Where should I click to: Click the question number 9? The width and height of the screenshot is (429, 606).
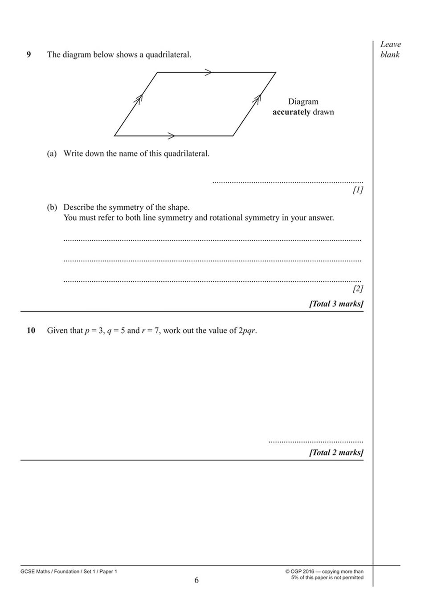[x=29, y=55]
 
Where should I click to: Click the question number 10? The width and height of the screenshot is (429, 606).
[x=31, y=331]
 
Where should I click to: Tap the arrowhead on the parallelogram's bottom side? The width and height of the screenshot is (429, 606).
[x=171, y=135]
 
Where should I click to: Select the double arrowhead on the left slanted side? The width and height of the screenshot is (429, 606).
[x=139, y=99]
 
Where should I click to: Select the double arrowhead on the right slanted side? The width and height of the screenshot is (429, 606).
[x=257, y=99]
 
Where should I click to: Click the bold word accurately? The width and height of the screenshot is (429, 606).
[x=291, y=112]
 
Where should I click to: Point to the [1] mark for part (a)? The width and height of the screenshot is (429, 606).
[x=357, y=190]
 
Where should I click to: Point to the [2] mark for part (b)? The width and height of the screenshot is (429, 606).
[x=357, y=289]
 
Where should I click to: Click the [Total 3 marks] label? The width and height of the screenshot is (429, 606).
[x=336, y=304]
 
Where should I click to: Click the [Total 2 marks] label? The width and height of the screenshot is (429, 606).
[x=336, y=453]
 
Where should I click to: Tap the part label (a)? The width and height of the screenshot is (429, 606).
[x=52, y=154]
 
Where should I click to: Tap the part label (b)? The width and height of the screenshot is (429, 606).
[x=52, y=207]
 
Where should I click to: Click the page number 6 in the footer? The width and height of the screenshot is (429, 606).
[x=196, y=580]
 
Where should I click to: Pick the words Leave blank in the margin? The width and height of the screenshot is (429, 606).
[x=390, y=49]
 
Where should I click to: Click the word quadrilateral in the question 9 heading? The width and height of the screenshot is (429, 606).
[x=168, y=55]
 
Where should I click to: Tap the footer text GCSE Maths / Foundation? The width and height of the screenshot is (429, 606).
[x=50, y=571]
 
